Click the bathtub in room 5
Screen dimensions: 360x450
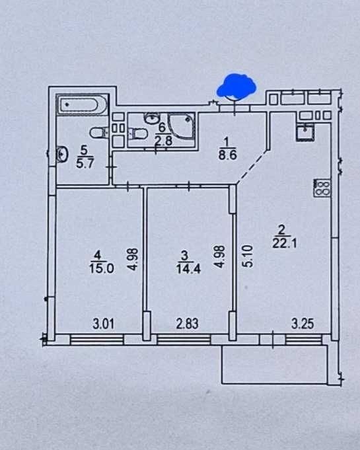(82, 105)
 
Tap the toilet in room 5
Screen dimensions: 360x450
(99, 133)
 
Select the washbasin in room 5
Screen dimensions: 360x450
(62, 154)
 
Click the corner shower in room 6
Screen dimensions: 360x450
(182, 126)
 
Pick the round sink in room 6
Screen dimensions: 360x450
(152, 118)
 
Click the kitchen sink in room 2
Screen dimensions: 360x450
(305, 132)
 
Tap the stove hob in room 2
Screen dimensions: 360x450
(322, 188)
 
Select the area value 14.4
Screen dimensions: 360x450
(188, 269)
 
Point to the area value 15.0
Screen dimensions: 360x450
(102, 269)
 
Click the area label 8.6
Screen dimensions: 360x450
(227, 155)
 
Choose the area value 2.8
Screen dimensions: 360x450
(163, 141)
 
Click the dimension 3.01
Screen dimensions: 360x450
(104, 324)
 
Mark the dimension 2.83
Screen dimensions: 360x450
(187, 324)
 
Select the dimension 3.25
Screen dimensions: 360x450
(303, 324)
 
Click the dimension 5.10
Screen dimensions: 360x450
(248, 256)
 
